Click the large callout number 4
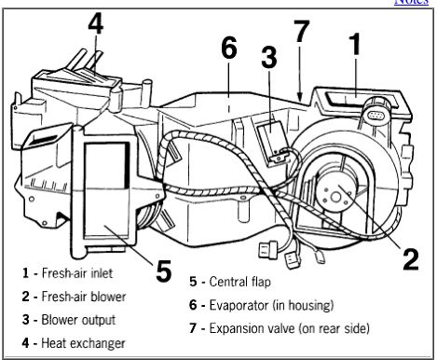(x=95, y=24)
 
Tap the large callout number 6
(x=229, y=48)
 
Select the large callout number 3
(x=269, y=57)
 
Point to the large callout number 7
(x=302, y=31)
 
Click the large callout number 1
(x=355, y=44)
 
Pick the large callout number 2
(x=411, y=259)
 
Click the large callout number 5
(x=164, y=271)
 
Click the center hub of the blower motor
(x=335, y=197)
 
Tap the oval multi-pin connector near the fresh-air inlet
(x=376, y=117)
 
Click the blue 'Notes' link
(x=411, y=2)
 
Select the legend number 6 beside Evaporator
(x=193, y=305)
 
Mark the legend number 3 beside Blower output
(x=26, y=320)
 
